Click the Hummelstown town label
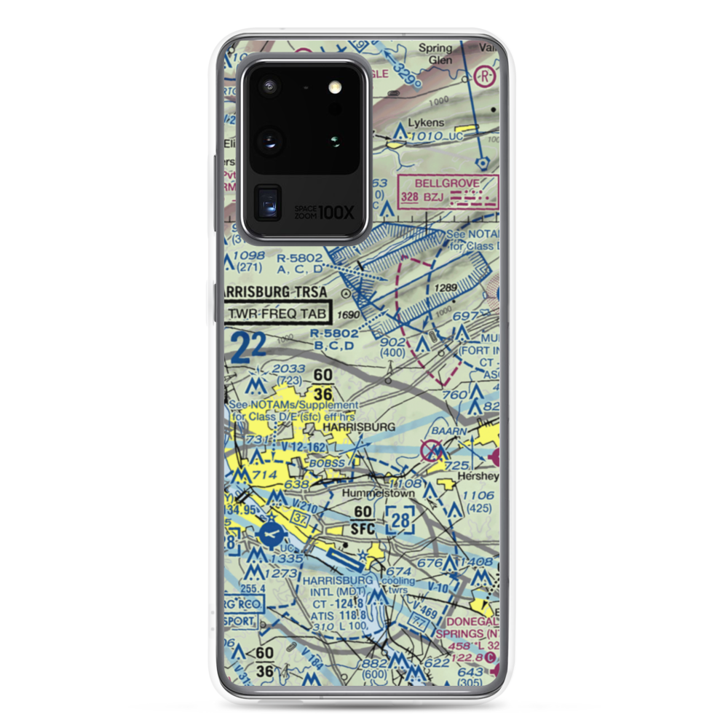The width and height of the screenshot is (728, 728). coord(379,493)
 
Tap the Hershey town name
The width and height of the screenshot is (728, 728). coord(478,476)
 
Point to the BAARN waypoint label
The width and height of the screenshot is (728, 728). coord(447,431)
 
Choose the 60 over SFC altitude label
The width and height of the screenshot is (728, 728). coord(363,520)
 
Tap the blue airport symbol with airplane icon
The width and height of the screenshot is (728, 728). coord(271,535)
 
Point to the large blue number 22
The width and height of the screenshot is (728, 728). coord(248,348)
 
